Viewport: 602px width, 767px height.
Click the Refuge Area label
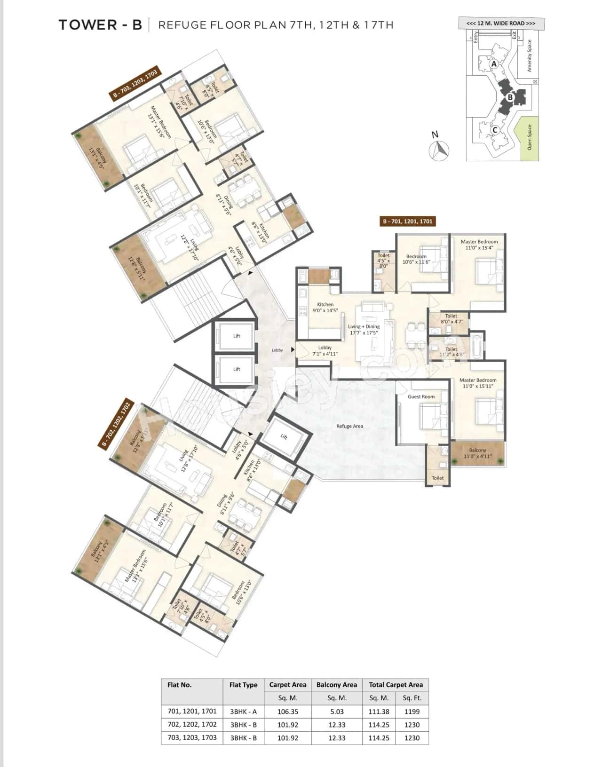coord(349,426)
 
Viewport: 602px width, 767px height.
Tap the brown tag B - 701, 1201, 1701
coord(407,221)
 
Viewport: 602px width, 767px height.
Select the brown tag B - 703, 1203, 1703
coord(135,83)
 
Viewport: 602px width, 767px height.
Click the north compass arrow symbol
coord(440,150)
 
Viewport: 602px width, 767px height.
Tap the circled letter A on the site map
coord(493,63)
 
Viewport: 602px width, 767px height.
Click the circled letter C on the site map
coord(495,130)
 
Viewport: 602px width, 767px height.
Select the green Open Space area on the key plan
coord(530,139)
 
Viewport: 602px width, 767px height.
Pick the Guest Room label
coord(421,396)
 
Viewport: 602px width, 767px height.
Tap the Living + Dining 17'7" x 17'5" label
coord(364,330)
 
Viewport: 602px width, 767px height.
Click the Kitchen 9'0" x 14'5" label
coord(325,308)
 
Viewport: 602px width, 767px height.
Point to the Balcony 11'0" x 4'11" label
coord(477,453)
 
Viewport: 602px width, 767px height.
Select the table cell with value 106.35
coord(287,712)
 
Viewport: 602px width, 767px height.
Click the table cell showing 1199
coord(412,712)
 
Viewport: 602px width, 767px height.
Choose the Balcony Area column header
coord(336,685)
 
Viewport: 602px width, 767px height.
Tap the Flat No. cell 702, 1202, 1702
coord(192,725)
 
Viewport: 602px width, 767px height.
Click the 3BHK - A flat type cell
coord(243,712)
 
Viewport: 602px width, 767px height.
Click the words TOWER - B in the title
coord(100,25)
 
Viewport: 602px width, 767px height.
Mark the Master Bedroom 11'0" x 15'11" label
coord(477,383)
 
